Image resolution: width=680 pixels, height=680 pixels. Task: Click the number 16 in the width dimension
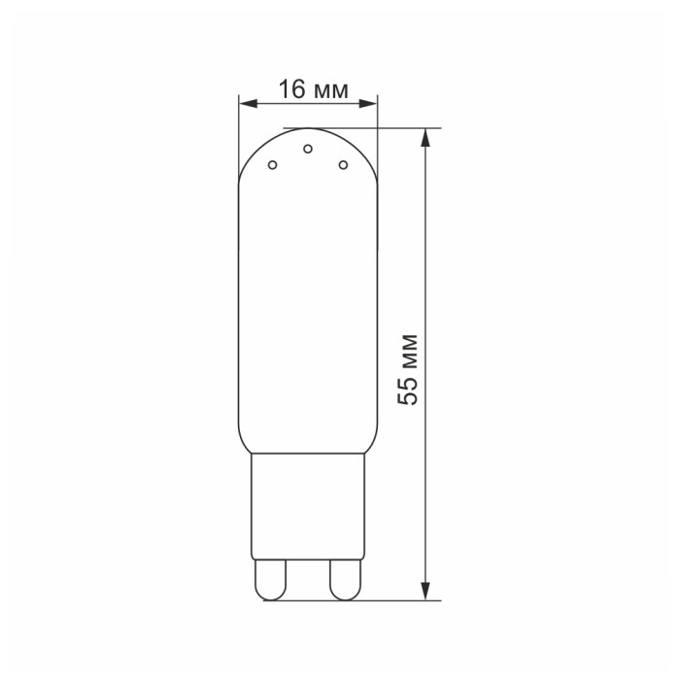(x=291, y=89)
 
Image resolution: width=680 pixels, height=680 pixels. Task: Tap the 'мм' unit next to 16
(x=330, y=92)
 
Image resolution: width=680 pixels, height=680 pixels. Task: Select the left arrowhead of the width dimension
(x=249, y=104)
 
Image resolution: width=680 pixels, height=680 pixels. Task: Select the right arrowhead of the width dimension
(x=368, y=104)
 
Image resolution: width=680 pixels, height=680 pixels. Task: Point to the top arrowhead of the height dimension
(x=425, y=138)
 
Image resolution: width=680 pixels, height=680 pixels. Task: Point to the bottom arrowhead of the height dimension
(x=425, y=591)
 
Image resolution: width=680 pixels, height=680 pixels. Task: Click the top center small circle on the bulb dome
(x=308, y=149)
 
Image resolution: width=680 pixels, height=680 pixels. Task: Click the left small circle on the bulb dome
(x=272, y=165)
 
